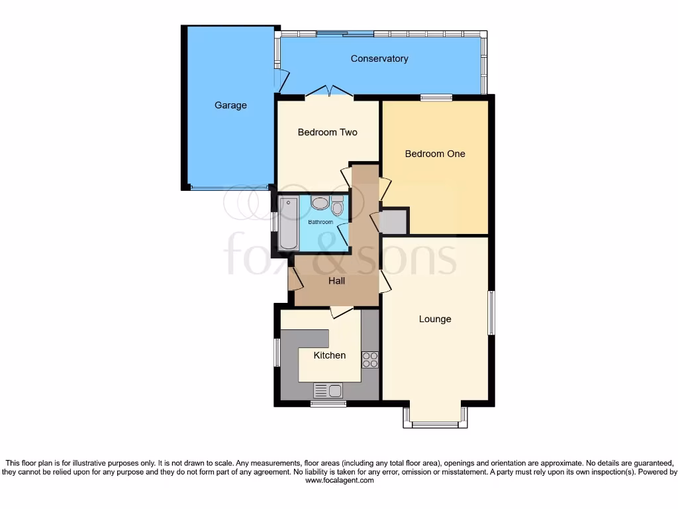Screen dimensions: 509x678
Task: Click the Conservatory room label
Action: pyautogui.click(x=379, y=59)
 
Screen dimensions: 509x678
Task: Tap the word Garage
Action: pyautogui.click(x=230, y=105)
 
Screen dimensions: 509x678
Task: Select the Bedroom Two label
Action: pyautogui.click(x=327, y=133)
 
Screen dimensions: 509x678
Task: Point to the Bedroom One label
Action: pyautogui.click(x=435, y=154)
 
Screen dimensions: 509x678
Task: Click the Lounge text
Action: pyautogui.click(x=435, y=319)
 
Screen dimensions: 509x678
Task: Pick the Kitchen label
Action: pyautogui.click(x=330, y=355)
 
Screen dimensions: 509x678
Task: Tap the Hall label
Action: pyautogui.click(x=337, y=281)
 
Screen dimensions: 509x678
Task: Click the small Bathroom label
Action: pyautogui.click(x=320, y=222)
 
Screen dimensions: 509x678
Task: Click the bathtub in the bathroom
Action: pyautogui.click(x=289, y=223)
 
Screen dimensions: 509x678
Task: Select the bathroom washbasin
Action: pyautogui.click(x=320, y=203)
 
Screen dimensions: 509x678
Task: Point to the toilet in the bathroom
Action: pyautogui.click(x=338, y=207)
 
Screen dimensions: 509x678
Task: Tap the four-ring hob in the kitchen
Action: pyautogui.click(x=369, y=359)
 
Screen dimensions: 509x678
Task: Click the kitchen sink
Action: pyautogui.click(x=328, y=390)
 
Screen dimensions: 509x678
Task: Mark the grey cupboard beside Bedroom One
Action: pyautogui.click(x=395, y=221)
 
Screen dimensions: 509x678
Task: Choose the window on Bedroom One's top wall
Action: pyautogui.click(x=436, y=98)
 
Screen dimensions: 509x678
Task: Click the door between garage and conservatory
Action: pyautogui.click(x=281, y=80)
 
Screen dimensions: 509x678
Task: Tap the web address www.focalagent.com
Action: pyautogui.click(x=339, y=481)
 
